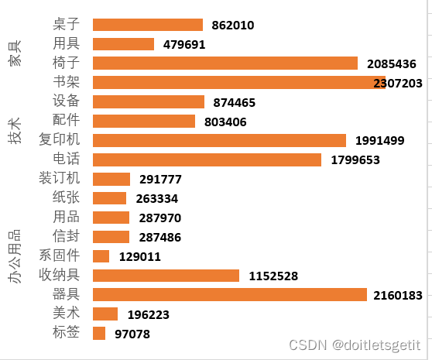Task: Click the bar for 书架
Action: [x=238, y=82]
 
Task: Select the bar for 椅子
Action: [x=225, y=63]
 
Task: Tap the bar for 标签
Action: [x=98, y=333]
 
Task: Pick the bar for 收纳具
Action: [x=166, y=275]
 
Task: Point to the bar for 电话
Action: [x=207, y=159]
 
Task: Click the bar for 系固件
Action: [x=101, y=255]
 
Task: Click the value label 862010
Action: [x=232, y=26]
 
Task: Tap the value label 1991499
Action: [x=379, y=140]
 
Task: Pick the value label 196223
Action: [x=147, y=314]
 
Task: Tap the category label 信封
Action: [x=66, y=236]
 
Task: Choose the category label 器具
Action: [x=66, y=294]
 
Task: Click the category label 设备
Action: [x=66, y=101]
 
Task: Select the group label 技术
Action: [x=15, y=131]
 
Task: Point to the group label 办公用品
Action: [x=15, y=255]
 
